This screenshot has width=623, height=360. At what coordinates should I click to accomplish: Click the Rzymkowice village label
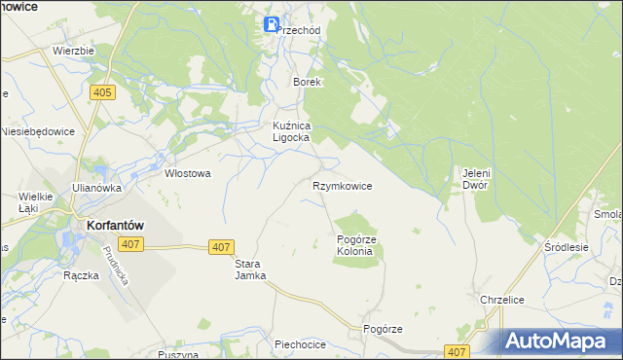tap(342, 185)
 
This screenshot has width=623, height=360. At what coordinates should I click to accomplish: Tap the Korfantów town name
tap(109, 224)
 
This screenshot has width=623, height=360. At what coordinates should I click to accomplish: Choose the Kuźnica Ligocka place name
tap(290, 131)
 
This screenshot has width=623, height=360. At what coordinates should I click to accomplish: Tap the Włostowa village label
tap(188, 173)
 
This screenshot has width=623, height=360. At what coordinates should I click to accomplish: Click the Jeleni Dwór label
tap(474, 178)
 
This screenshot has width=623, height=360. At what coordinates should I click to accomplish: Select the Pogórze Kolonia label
tap(354, 244)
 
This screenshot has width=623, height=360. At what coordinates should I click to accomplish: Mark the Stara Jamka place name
tap(250, 270)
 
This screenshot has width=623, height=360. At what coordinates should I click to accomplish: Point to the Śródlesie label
tap(567, 247)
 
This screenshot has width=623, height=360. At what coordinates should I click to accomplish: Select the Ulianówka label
tap(95, 188)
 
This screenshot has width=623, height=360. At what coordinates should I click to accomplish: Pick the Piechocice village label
tap(299, 343)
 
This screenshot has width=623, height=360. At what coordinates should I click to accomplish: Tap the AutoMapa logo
tap(563, 342)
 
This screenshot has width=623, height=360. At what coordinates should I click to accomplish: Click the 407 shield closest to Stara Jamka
tap(220, 248)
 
